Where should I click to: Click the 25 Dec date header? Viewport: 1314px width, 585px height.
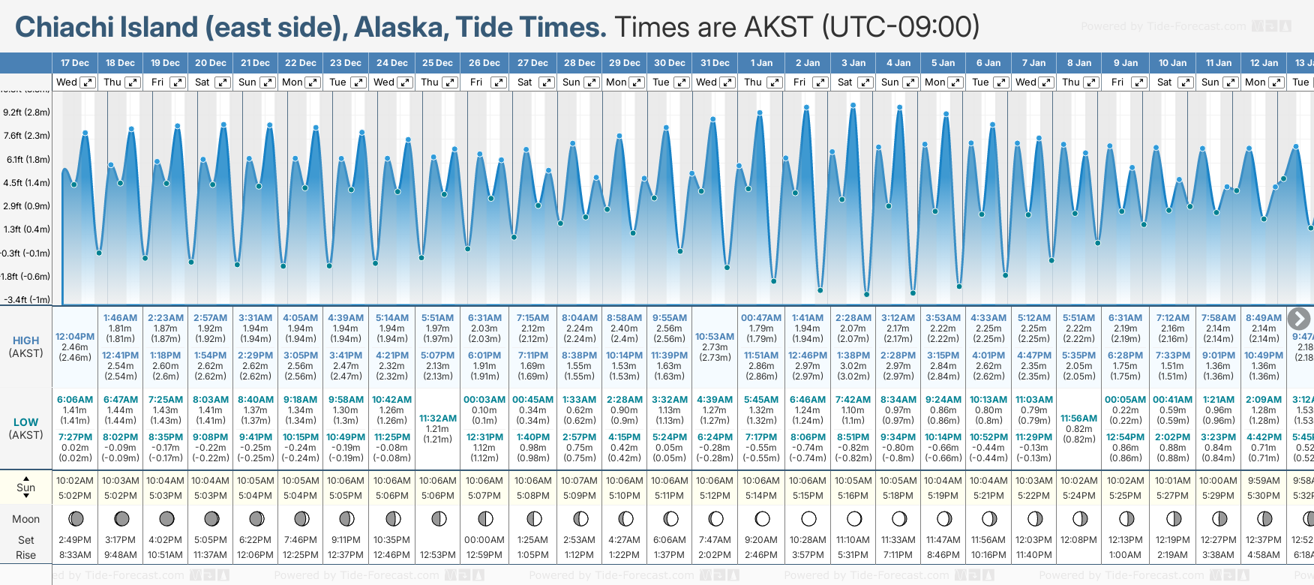tap(437, 63)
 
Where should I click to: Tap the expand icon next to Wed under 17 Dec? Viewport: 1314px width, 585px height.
tap(88, 82)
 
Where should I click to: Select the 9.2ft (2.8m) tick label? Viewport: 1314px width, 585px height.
tap(26, 112)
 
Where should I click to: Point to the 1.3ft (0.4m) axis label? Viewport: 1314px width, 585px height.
tap(26, 229)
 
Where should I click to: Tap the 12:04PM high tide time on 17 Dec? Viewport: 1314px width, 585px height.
tap(75, 337)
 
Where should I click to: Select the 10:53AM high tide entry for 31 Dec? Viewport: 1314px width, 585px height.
tap(714, 337)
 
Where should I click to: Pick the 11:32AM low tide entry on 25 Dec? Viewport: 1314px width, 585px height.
tap(437, 418)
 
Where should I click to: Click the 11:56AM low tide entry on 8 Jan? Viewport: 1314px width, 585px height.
tap(1078, 418)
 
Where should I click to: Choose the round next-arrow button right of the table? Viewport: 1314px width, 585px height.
tap(1298, 319)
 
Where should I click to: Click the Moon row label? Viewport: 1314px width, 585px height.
tap(25, 519)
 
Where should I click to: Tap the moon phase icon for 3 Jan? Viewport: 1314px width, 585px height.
tap(853, 518)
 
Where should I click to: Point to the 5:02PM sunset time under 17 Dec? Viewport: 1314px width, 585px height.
tap(75, 496)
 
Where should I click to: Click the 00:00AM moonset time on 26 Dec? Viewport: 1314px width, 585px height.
tap(484, 540)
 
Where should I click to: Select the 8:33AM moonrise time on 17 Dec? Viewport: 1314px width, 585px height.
tap(75, 555)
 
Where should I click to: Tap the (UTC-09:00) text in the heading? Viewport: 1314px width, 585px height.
tap(900, 28)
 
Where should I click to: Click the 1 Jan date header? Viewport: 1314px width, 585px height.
tap(761, 63)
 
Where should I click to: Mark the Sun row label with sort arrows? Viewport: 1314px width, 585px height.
tap(25, 487)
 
